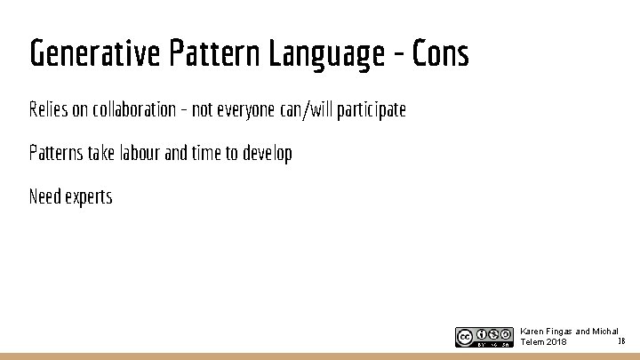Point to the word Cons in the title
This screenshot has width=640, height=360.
click(x=440, y=54)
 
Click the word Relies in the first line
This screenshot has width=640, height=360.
click(x=47, y=109)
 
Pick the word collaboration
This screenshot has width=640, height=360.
click(x=132, y=109)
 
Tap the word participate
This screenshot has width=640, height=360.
click(x=372, y=109)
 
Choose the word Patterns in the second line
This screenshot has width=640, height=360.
click(x=53, y=153)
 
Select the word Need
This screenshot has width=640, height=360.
click(x=44, y=196)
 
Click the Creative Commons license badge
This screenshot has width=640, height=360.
click(x=484, y=337)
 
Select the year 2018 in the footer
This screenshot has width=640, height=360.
click(x=557, y=342)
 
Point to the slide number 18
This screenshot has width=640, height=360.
click(x=620, y=340)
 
